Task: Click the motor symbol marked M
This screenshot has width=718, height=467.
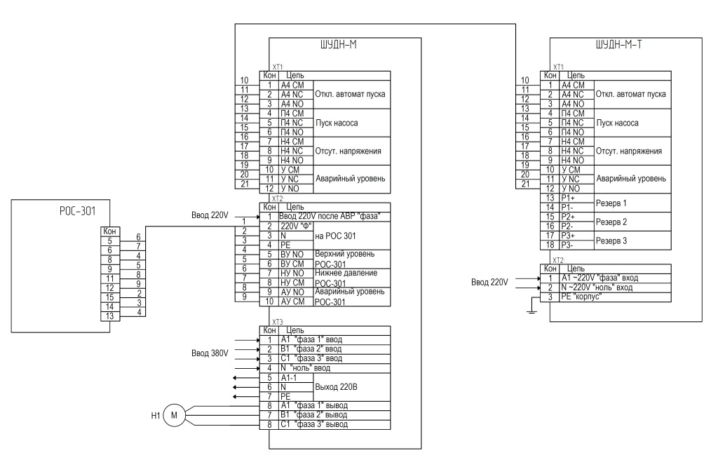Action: [x=174, y=415]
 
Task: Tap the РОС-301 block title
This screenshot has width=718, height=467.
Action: [x=77, y=211]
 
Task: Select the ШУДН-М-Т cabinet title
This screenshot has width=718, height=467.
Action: [x=618, y=44]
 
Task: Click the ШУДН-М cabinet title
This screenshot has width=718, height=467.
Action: [x=339, y=44]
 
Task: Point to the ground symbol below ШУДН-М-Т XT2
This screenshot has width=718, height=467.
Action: [x=531, y=311]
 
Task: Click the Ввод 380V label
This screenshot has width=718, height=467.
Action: [x=210, y=353]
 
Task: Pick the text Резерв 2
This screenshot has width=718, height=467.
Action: [x=611, y=222]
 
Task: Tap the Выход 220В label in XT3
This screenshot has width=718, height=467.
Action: [x=336, y=387]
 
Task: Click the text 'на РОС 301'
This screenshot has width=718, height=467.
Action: [x=335, y=236]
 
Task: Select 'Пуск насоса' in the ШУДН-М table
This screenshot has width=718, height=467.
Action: [x=337, y=123]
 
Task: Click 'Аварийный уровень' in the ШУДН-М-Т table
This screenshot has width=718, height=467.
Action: [x=631, y=179]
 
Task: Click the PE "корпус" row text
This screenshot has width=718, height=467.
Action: [x=581, y=297]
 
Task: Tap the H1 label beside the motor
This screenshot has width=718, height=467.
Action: [x=156, y=416]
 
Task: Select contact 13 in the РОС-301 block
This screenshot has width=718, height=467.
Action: [x=110, y=316]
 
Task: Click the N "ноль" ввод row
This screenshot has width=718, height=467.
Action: [x=305, y=368]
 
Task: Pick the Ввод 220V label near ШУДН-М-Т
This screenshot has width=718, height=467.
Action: [x=489, y=283]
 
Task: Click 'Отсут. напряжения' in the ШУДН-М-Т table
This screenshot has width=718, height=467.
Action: [x=629, y=151]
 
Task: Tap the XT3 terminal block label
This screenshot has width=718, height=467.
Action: [x=278, y=322]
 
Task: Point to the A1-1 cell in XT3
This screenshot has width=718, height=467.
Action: [x=288, y=378]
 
